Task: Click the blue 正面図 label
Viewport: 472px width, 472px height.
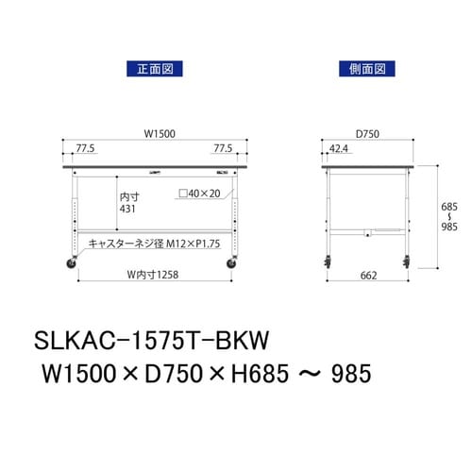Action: [153, 69]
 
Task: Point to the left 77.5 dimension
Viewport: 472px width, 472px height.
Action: [86, 148]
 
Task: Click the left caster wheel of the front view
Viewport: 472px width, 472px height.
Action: [72, 265]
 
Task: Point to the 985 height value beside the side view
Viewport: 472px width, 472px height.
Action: [451, 228]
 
